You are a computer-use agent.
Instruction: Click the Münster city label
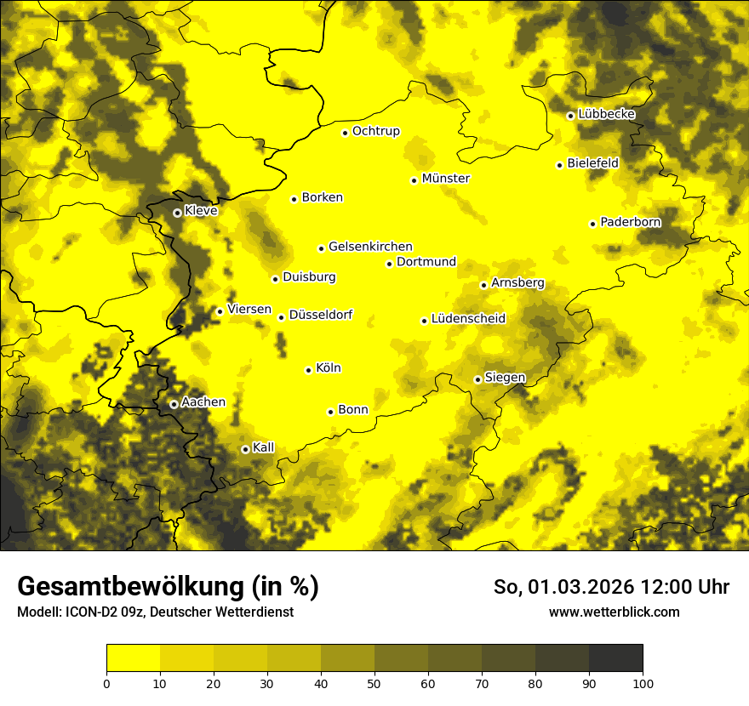point(446,179)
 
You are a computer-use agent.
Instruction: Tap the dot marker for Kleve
point(177,213)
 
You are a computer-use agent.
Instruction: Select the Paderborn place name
point(631,222)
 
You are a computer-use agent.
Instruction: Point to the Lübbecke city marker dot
point(570,116)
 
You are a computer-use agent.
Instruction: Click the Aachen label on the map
point(203,402)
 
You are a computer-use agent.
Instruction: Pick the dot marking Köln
point(309,370)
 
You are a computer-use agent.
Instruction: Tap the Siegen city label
point(506,378)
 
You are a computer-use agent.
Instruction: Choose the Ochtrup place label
point(376,131)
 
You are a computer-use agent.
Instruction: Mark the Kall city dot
point(245,449)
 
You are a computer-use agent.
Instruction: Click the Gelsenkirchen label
point(370,247)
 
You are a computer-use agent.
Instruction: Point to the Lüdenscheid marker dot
point(424,321)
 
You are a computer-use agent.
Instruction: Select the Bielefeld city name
point(593,163)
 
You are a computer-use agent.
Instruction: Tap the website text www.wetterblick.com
point(615,612)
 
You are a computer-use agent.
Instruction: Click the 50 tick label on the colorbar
point(374,682)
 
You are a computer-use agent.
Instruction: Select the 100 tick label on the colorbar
point(643,682)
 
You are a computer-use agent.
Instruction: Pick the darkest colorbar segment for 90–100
point(615,658)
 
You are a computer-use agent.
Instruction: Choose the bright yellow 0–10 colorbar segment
point(133,658)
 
